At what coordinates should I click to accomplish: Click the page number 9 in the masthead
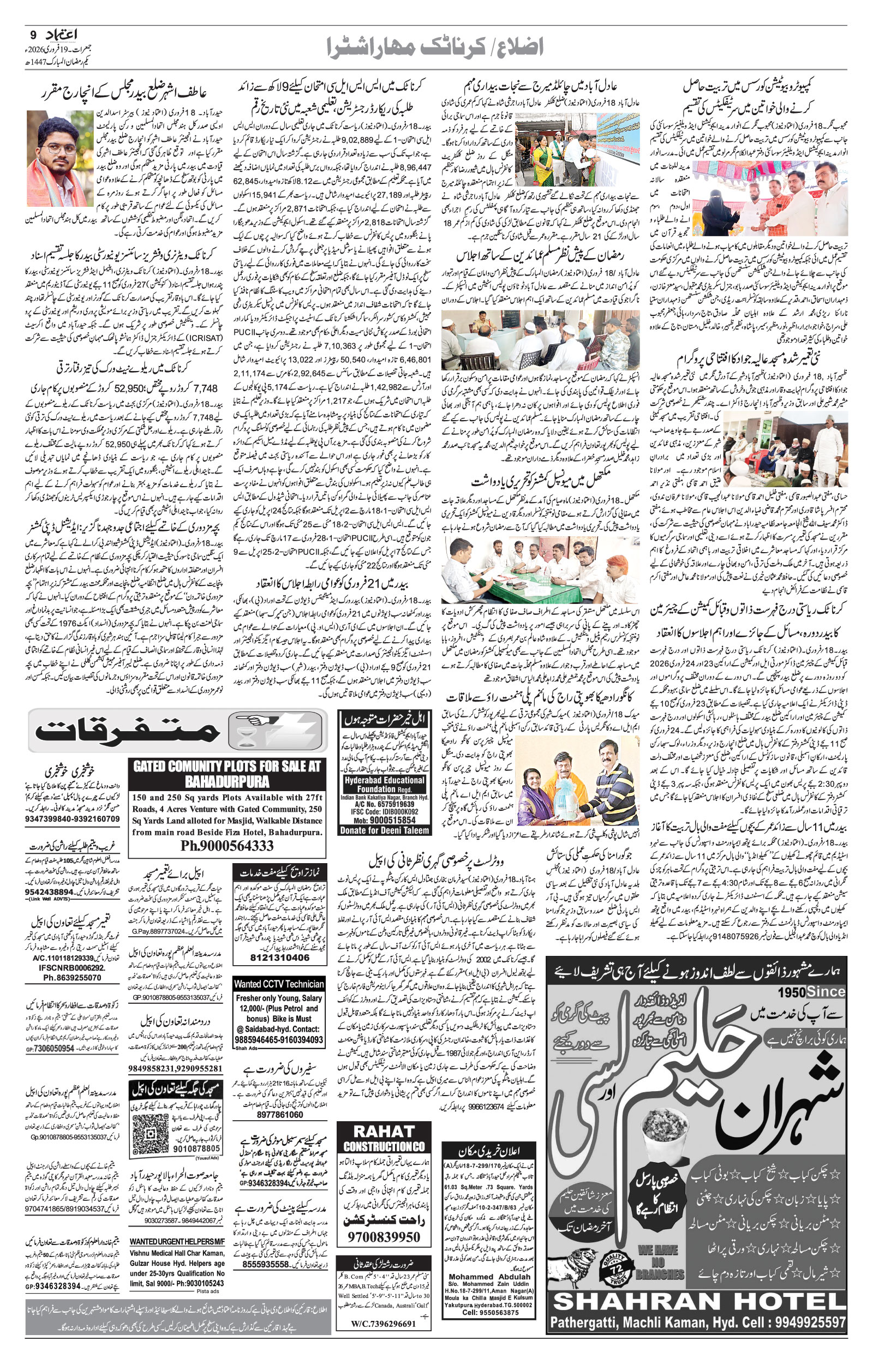[x=32, y=35]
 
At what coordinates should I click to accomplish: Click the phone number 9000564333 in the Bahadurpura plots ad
[x=227, y=846]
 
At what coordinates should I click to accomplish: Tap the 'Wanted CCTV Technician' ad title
[x=279, y=1000]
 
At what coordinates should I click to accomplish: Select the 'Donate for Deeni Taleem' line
[x=384, y=831]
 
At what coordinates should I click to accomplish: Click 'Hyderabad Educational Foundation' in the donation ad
[x=384, y=784]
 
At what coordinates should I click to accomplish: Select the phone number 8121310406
[x=279, y=958]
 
